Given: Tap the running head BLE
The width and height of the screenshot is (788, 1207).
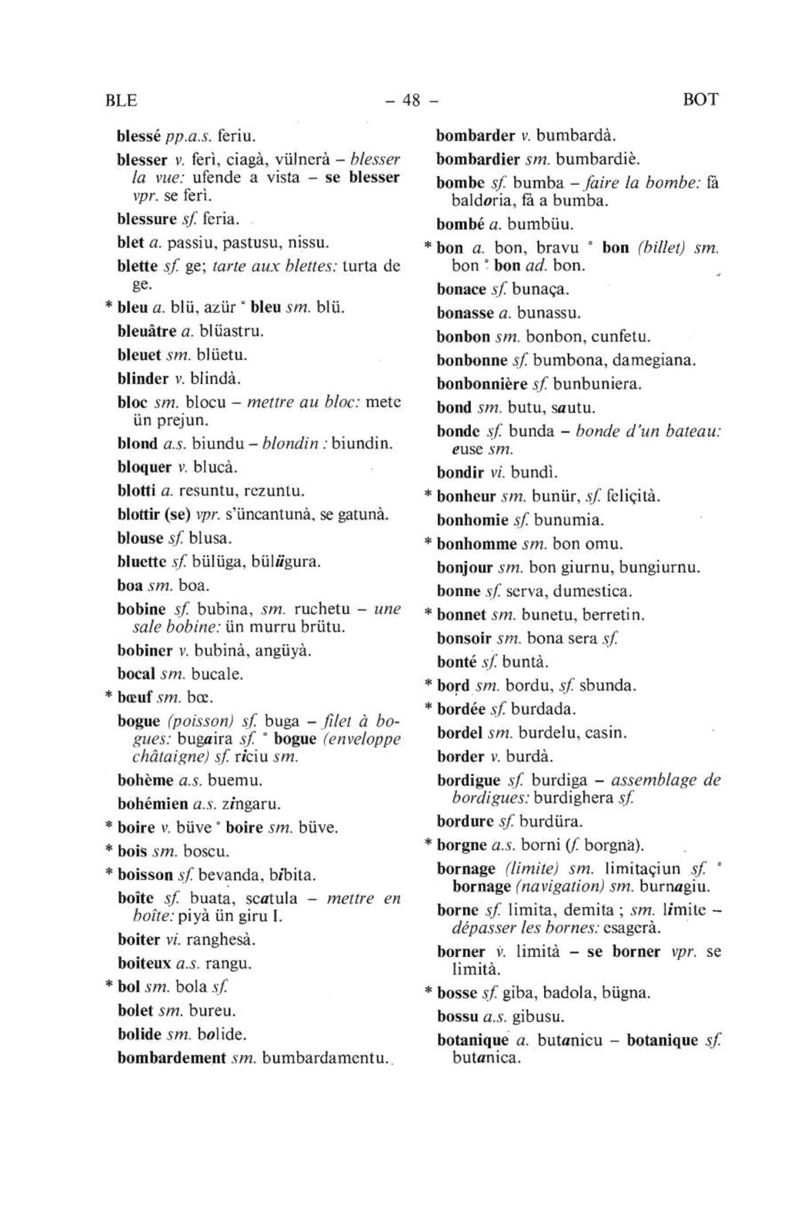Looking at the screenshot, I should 120,100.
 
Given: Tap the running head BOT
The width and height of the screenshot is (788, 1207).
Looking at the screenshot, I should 700,100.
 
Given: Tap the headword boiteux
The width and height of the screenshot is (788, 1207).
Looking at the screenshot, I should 142,964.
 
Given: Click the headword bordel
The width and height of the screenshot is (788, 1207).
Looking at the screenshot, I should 461,733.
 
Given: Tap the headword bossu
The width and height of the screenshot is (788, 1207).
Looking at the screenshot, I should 457,1017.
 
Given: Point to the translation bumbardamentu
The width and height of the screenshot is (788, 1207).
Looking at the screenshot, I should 323,1059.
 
